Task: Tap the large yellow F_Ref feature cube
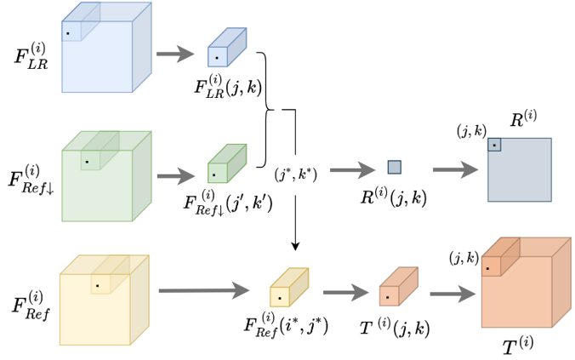pyautogui.click(x=102, y=302)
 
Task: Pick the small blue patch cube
pyautogui.click(x=226, y=49)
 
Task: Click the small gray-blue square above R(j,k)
pyautogui.click(x=394, y=167)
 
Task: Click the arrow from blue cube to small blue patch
pyautogui.click(x=174, y=54)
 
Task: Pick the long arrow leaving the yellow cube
pyautogui.click(x=203, y=291)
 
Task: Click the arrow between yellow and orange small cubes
pyautogui.click(x=344, y=291)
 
